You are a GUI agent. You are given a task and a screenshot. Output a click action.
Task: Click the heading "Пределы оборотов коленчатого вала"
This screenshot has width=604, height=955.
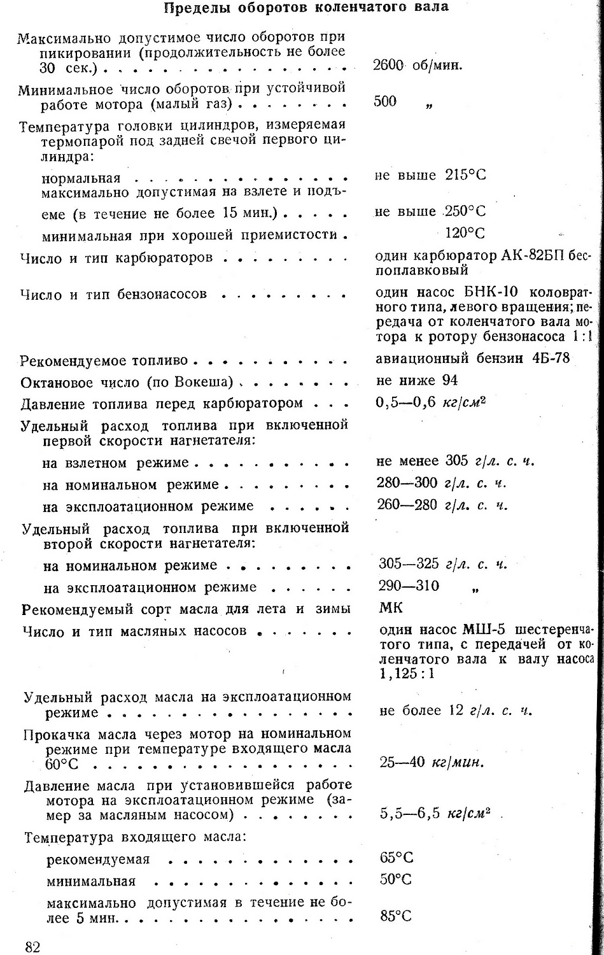[x=306, y=8]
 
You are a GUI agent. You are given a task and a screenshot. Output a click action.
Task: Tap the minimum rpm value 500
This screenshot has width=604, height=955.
[x=385, y=102]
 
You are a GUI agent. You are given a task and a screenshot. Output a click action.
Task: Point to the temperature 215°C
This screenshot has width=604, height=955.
[x=465, y=175]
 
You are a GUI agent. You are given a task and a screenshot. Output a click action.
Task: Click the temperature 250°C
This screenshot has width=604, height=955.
[x=465, y=211]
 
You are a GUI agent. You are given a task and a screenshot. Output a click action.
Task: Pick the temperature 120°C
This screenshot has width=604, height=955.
[x=465, y=233]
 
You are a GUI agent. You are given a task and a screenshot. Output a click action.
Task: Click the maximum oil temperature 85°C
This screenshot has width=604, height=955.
[x=395, y=917]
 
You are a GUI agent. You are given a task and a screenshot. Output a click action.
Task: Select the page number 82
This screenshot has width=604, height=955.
[x=33, y=946]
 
